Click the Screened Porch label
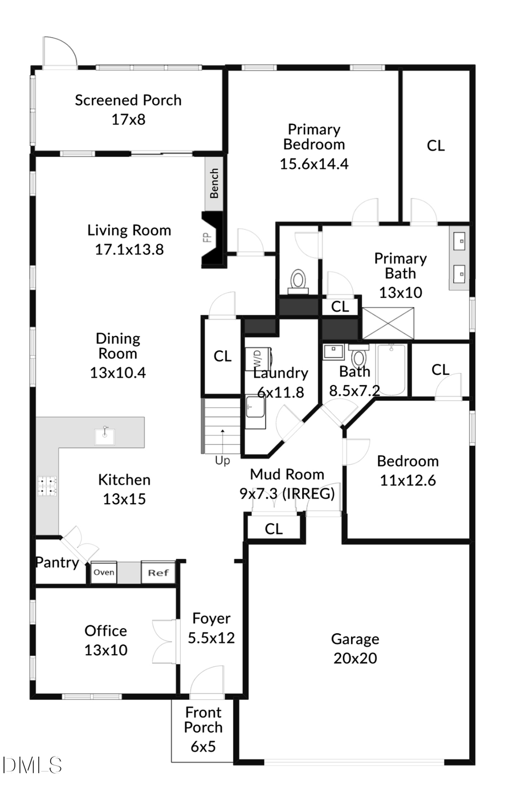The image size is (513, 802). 128,100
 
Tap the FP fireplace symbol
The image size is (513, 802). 209,237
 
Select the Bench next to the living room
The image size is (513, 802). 214,183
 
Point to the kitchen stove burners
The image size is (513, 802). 47,484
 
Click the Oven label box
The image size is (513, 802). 104,572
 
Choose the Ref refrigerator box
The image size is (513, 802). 158,572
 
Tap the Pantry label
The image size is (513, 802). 57,562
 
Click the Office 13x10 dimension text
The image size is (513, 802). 106,650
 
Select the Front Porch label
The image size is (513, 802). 203,720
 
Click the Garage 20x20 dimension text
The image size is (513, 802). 355,658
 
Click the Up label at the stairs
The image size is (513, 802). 222,460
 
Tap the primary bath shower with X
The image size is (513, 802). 388,323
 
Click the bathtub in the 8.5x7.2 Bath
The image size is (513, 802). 391,370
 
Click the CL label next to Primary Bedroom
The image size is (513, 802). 435,146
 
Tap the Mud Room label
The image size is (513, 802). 287,475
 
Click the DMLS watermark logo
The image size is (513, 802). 31,765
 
